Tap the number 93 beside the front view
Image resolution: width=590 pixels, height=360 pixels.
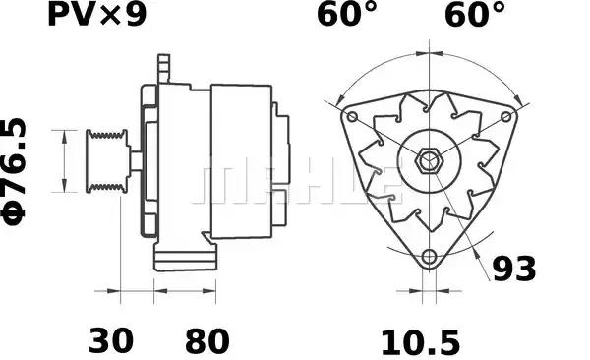(x=515, y=269)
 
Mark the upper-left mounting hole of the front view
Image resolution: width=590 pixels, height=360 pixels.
(x=349, y=117)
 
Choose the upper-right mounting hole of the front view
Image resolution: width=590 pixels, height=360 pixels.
(x=506, y=117)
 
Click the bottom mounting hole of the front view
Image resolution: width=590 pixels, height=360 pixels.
(x=428, y=258)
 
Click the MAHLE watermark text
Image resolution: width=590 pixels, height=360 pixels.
(x=295, y=183)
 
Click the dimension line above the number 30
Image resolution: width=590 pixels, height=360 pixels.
(x=137, y=292)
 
